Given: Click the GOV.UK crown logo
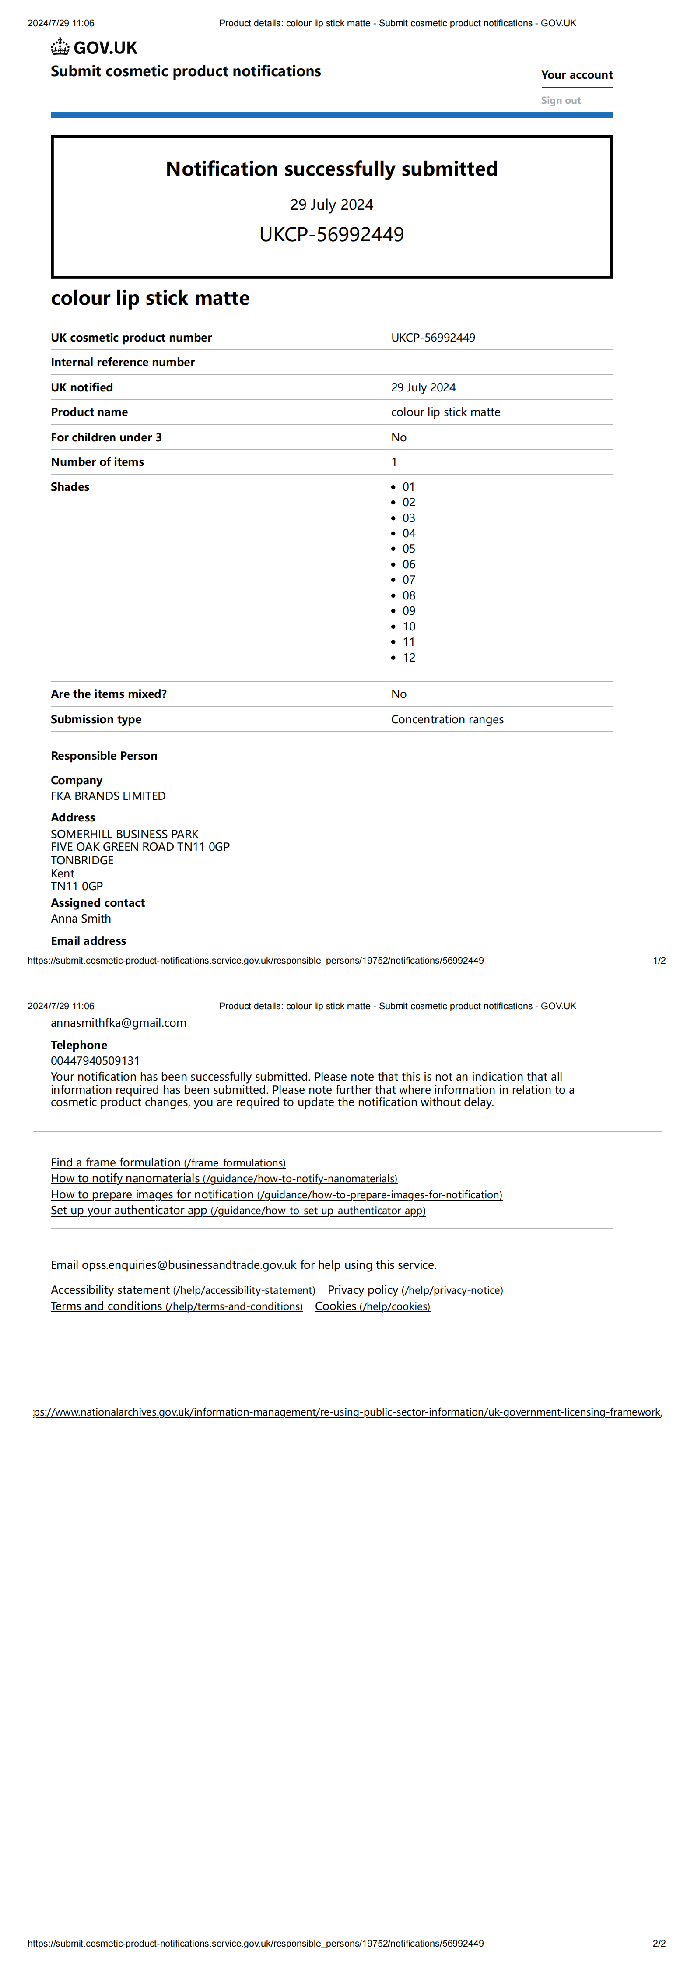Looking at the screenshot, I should click(60, 47).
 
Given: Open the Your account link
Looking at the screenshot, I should click(577, 75).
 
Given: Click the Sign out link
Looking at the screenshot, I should click(561, 101).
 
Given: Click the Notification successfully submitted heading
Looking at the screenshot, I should click(332, 169).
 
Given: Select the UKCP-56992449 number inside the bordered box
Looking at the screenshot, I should click(332, 234).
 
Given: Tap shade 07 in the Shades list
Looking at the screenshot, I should click(409, 580).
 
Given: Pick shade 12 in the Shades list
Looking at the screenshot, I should click(409, 658).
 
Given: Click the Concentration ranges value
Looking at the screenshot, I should click(447, 719).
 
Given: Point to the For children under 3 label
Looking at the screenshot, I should click(106, 437).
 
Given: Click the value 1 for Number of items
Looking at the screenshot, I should click(394, 461).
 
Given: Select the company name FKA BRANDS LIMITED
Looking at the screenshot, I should click(108, 796).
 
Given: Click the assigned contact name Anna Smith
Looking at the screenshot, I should click(81, 919).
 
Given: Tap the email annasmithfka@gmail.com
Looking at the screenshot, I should click(118, 1023).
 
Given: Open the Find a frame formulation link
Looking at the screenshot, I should click(168, 1162).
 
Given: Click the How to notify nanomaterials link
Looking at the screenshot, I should click(224, 1179).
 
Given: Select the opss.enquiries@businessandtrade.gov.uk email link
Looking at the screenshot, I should click(189, 1265).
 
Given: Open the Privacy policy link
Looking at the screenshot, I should click(415, 1290).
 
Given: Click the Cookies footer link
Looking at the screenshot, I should click(372, 1306).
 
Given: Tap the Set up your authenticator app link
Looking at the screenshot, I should click(238, 1211).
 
